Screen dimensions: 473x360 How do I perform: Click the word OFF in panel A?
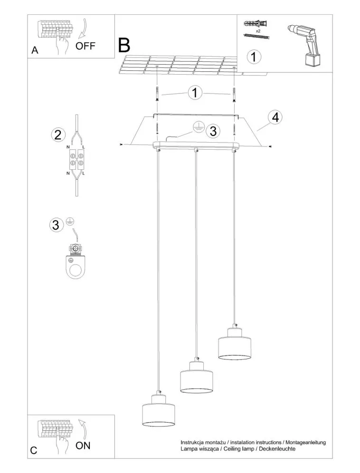(85, 46)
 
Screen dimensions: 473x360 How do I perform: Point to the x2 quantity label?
(257, 30)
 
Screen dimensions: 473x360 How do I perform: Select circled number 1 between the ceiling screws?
(195, 93)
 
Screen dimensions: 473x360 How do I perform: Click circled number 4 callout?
(274, 117)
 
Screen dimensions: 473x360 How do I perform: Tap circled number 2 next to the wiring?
(57, 135)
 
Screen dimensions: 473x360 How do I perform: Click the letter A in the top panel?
(35, 50)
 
